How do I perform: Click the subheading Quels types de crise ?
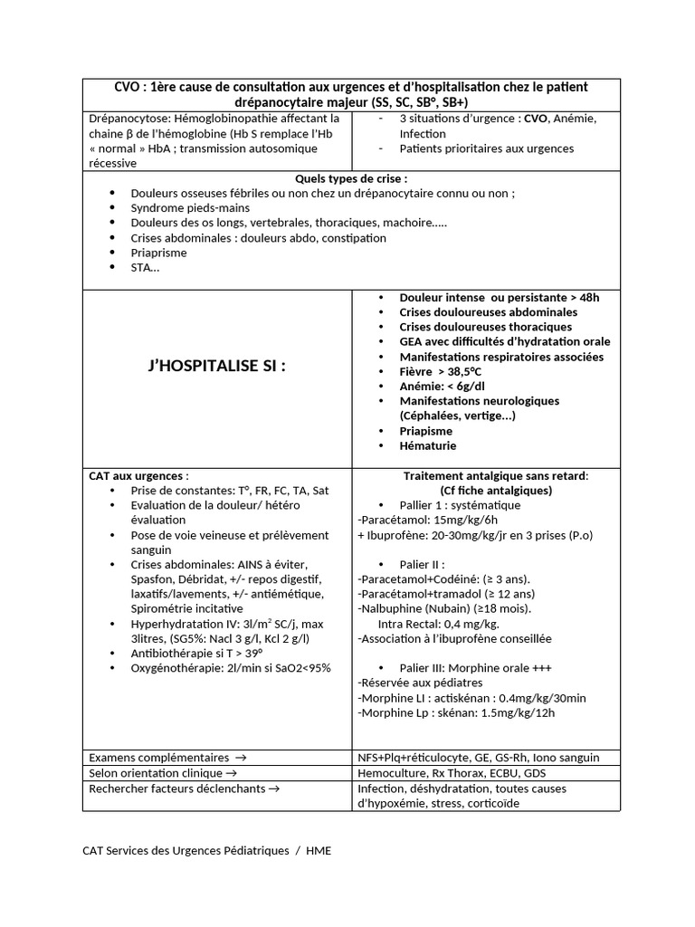pos(351,178)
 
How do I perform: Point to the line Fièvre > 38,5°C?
pos(452,371)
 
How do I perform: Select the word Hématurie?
pos(427,445)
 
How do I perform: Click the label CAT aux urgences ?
pos(138,475)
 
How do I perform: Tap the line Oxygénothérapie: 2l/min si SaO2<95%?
pos(231,668)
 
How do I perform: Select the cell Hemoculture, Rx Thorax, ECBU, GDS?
pos(452,772)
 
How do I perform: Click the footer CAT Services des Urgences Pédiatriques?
pos(186,850)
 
